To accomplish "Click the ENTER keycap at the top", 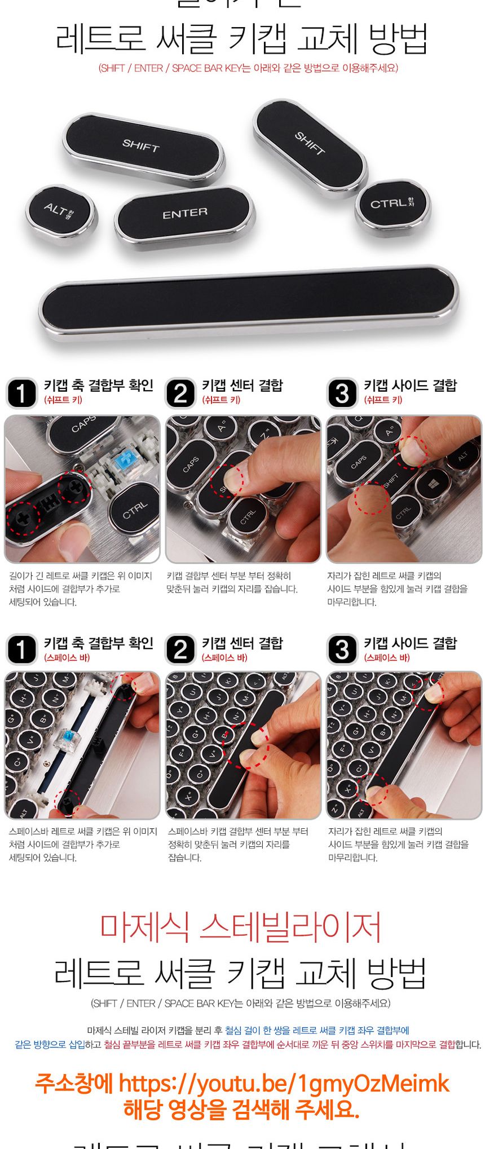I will [x=184, y=214].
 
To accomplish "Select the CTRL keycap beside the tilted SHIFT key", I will [x=392, y=204].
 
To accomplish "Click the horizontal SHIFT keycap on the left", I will [x=142, y=145].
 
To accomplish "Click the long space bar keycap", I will [x=248, y=298].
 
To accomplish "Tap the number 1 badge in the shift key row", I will [x=21, y=393].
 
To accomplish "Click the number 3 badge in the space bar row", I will [x=342, y=650].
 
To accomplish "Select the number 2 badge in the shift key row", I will [x=180, y=393].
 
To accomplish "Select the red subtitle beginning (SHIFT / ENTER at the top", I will [x=248, y=68].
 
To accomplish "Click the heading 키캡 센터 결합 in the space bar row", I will [x=242, y=643].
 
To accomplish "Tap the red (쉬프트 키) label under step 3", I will [x=383, y=400].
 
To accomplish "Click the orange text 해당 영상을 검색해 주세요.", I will [x=241, y=1110].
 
